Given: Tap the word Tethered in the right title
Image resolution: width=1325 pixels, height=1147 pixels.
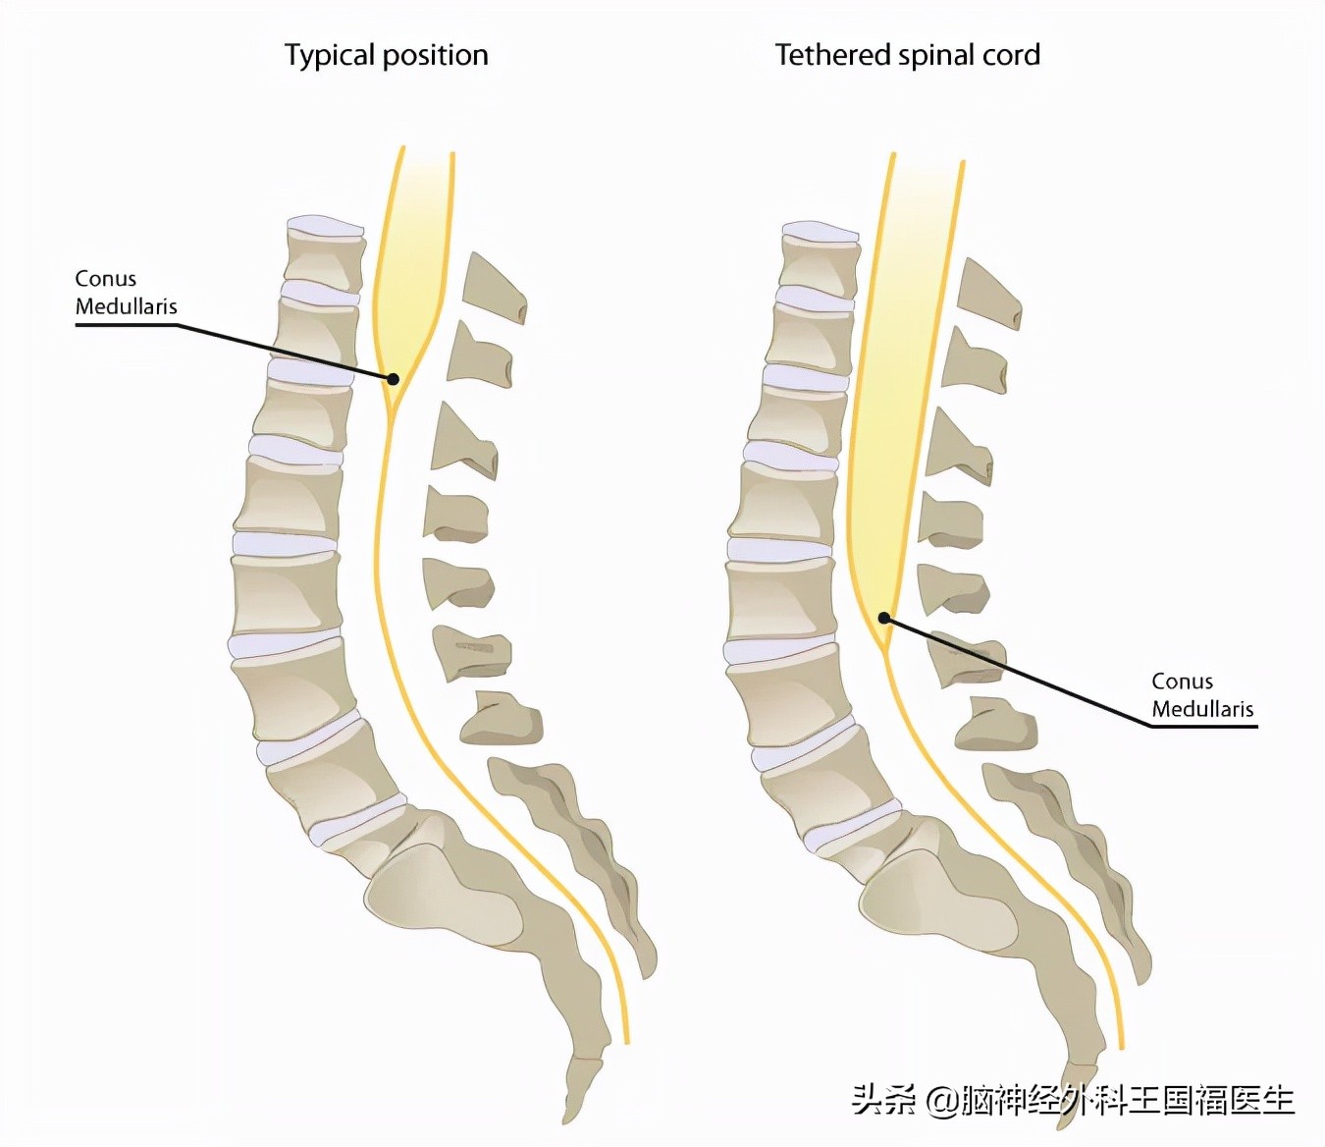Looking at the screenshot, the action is (833, 55).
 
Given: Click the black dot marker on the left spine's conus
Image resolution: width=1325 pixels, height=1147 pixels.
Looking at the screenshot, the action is (394, 378).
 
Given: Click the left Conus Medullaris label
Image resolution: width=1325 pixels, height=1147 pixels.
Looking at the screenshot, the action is (126, 293).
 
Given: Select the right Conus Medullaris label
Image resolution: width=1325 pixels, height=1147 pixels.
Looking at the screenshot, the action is (1202, 694).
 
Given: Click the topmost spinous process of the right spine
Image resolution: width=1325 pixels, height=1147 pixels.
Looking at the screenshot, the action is (987, 295).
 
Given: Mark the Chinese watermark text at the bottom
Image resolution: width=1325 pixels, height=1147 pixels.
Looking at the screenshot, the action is (1073, 1099).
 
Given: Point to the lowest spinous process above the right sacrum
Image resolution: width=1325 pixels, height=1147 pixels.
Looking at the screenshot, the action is (995, 723).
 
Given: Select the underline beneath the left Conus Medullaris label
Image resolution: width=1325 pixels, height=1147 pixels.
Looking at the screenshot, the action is (127, 325).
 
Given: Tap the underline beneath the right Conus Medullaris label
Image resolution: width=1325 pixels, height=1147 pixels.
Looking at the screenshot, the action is (1203, 727).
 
